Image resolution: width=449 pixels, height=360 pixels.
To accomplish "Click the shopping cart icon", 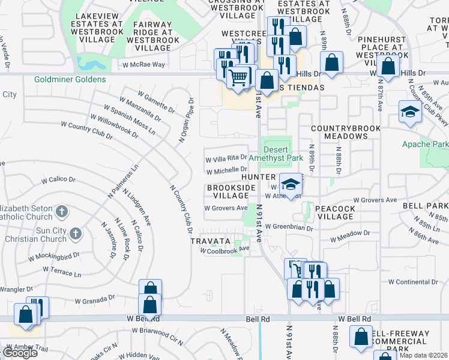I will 239,77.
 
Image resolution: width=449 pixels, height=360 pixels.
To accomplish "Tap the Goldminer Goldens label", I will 70,79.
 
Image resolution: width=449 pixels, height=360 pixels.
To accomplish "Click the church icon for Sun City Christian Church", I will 76,233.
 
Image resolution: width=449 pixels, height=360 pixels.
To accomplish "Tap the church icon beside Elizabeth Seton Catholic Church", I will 62,211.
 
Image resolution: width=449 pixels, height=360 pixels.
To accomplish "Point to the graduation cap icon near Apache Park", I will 410,112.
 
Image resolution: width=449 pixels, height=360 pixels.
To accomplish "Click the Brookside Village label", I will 228,191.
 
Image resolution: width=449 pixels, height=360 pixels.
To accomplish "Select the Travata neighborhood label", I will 210,241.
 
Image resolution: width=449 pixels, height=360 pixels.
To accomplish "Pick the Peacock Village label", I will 337,212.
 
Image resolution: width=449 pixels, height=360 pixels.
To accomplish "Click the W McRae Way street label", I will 143,64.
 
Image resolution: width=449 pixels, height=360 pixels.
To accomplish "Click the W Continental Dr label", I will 414,281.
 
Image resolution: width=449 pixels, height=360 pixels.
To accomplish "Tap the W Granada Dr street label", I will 94,298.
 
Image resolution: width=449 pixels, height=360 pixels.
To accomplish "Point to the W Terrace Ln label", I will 61,273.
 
